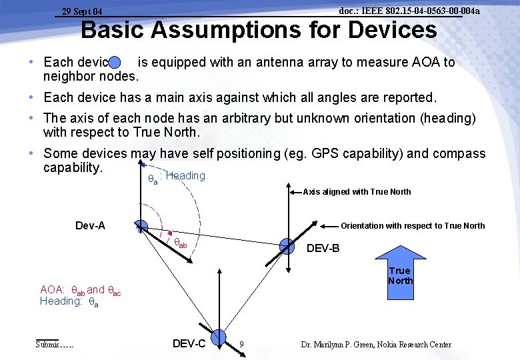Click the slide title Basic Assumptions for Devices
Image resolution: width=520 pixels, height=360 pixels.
pyautogui.click(x=259, y=31)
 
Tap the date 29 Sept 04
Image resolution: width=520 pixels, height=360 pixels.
pyautogui.click(x=82, y=11)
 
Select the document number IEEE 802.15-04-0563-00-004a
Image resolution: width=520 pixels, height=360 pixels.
pyautogui.click(x=409, y=11)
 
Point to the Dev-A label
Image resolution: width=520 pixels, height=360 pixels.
pyautogui.click(x=90, y=226)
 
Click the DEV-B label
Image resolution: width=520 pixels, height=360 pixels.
pyautogui.click(x=323, y=249)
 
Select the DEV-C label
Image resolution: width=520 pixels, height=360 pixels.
pyautogui.click(x=189, y=344)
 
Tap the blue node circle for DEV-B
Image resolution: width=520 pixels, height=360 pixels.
pyautogui.click(x=287, y=246)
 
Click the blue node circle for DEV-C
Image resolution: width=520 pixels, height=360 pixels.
pyautogui.click(x=221, y=339)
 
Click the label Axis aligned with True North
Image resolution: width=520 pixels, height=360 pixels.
pyautogui.click(x=357, y=192)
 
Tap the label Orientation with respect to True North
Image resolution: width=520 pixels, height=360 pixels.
pyautogui.click(x=413, y=226)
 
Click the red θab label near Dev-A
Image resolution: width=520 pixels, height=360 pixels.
pyautogui.click(x=180, y=242)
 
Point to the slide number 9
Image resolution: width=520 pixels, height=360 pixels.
pyautogui.click(x=241, y=345)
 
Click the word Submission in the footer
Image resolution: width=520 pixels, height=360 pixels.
pyautogui.click(x=55, y=345)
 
